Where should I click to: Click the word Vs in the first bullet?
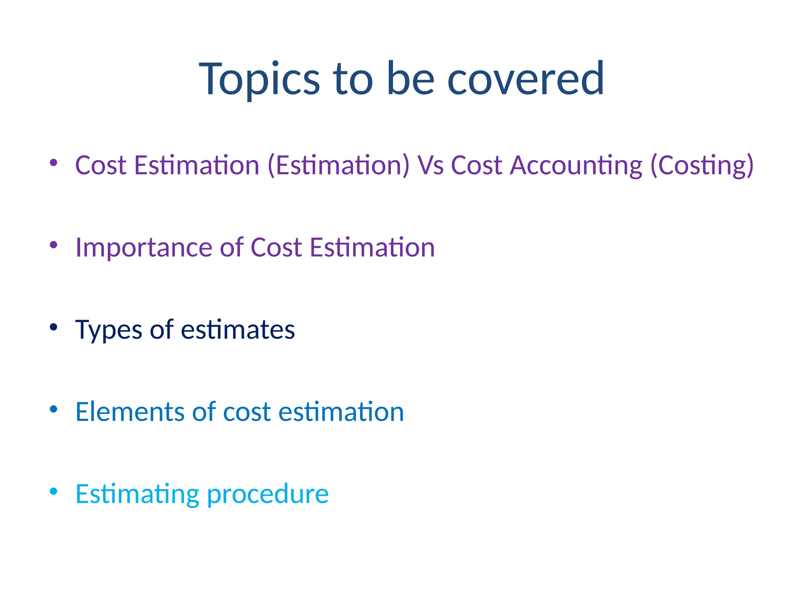tap(430, 165)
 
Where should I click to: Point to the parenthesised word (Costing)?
tap(702, 165)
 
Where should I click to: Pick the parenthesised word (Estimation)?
tap(338, 165)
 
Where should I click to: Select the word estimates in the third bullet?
tap(238, 330)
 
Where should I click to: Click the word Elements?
tap(130, 412)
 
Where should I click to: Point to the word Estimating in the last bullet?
tap(137, 494)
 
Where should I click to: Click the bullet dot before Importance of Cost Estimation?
tap(54, 245)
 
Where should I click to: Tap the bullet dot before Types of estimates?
tap(54, 327)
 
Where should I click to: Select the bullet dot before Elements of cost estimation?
tap(54, 409)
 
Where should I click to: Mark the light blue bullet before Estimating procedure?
tap(54, 491)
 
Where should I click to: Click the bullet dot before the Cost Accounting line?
tap(54, 162)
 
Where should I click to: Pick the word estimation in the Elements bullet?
tap(341, 412)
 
